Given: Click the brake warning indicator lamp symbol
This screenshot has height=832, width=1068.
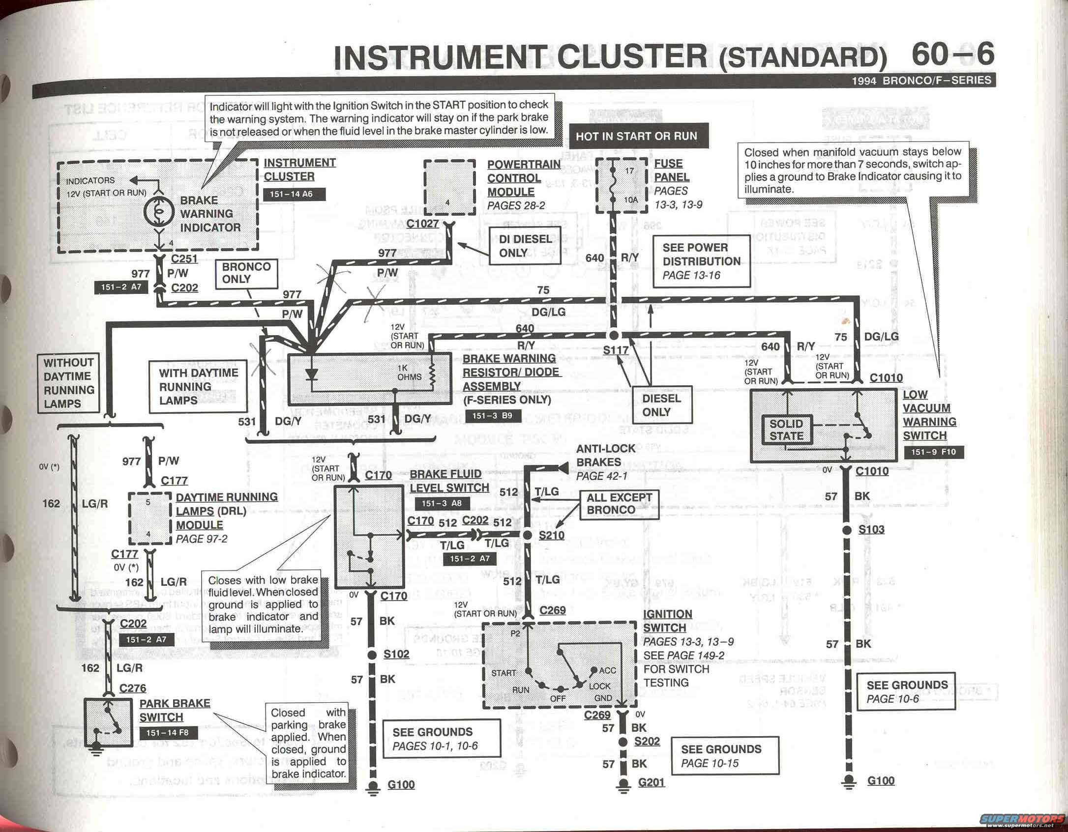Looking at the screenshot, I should (x=158, y=211).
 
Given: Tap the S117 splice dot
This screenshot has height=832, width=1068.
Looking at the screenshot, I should (x=613, y=335).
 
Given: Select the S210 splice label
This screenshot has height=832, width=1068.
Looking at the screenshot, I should (x=552, y=535).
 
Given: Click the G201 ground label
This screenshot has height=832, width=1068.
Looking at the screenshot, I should (x=652, y=782).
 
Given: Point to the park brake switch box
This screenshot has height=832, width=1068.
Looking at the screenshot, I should (x=108, y=722).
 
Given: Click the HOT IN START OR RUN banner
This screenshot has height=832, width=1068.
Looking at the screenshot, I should (x=637, y=136).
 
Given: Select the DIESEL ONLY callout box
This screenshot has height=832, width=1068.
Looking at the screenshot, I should (x=661, y=405).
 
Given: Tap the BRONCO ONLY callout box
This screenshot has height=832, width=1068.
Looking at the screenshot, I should (x=246, y=273).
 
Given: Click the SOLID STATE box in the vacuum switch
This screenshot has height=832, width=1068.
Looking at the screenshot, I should (x=786, y=430).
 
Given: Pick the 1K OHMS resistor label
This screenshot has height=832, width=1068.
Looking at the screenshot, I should (x=409, y=373).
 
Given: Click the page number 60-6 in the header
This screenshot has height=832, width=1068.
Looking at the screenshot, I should (x=952, y=55).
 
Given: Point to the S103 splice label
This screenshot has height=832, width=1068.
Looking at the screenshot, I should (x=871, y=529).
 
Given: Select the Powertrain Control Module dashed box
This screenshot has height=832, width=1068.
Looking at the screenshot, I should (x=449, y=187).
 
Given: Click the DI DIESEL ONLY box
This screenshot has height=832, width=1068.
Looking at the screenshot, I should (x=525, y=246).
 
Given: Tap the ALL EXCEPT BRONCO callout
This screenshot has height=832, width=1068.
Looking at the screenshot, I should (x=619, y=504).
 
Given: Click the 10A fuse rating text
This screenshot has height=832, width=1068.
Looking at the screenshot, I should (x=630, y=200).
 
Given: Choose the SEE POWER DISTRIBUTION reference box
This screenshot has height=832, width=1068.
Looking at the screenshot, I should (x=701, y=261).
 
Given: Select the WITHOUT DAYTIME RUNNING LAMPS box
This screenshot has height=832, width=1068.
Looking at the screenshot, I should (x=68, y=383).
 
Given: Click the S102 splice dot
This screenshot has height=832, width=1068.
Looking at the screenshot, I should (x=372, y=655).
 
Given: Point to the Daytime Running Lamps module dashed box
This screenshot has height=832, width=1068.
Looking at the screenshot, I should (x=149, y=518).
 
